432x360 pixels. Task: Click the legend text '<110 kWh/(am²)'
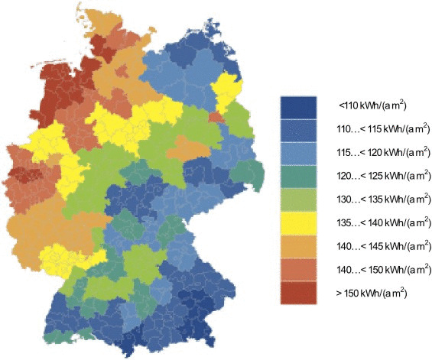click(376, 106)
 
